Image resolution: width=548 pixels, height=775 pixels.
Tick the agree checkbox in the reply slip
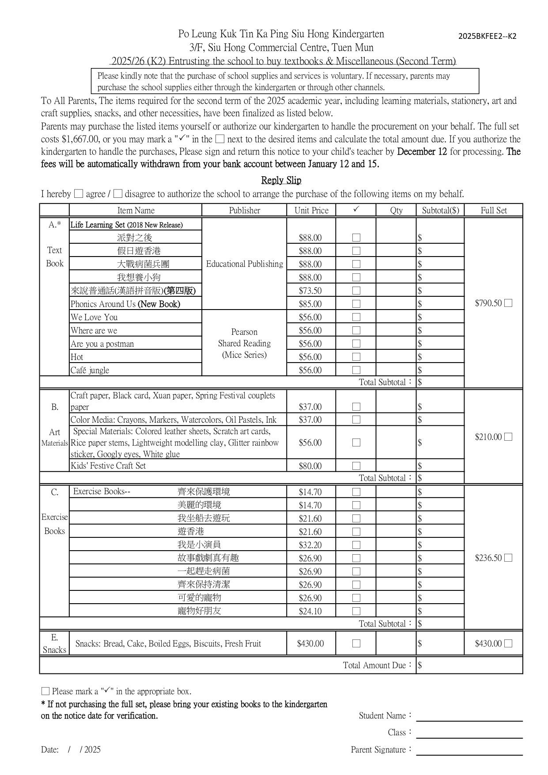click(79, 193)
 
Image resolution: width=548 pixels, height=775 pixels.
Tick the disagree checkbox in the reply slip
click(117, 193)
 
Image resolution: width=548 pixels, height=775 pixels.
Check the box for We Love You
click(356, 317)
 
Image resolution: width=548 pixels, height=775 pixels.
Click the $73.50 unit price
click(310, 291)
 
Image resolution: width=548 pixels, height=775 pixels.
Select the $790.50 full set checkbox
click(508, 303)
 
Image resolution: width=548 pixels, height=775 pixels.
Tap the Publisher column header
click(244, 210)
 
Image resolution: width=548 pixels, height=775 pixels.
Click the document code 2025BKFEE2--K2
click(487, 36)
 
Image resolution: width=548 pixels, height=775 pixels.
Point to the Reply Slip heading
click(281, 180)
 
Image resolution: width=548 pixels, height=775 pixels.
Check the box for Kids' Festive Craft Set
click(356, 466)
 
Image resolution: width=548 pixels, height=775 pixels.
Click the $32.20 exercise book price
click(310, 545)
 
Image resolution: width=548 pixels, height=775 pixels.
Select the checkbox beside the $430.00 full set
click(508, 643)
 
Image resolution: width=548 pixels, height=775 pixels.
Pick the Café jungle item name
click(90, 370)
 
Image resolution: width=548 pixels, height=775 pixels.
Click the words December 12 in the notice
click(422, 152)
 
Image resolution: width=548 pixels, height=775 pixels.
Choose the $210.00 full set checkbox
click(508, 437)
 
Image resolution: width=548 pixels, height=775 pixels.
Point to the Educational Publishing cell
click(244, 264)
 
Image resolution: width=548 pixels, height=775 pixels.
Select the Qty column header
click(396, 210)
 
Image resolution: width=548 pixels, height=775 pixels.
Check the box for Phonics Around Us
click(356, 304)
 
